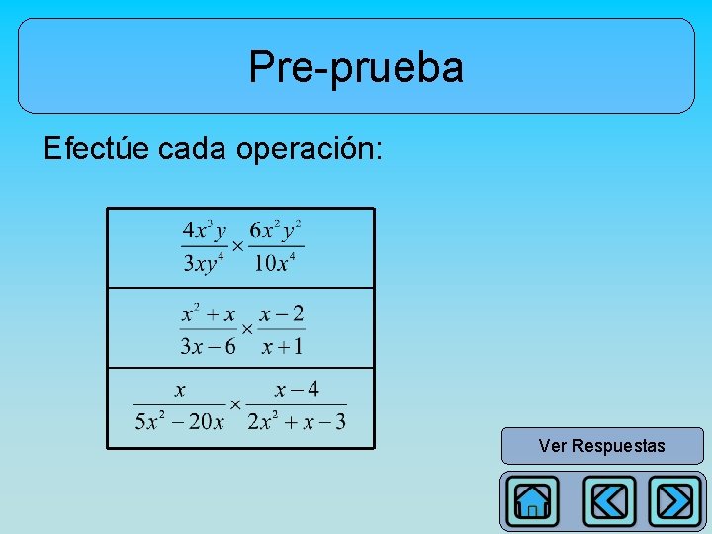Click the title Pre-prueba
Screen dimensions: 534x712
356,67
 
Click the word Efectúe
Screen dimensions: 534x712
96,149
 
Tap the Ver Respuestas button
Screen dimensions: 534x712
601,446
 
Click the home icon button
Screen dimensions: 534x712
532,501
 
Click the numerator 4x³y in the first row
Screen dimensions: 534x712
204,231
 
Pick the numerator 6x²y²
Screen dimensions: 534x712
275,231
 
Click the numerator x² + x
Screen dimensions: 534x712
208,315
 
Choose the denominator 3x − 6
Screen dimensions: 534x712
208,346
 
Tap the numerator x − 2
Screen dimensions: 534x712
282,315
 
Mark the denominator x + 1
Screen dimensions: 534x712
282,346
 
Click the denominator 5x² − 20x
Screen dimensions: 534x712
180,422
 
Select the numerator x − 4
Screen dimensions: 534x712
297,390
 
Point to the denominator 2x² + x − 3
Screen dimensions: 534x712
297,422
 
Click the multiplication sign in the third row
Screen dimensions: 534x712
235,404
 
